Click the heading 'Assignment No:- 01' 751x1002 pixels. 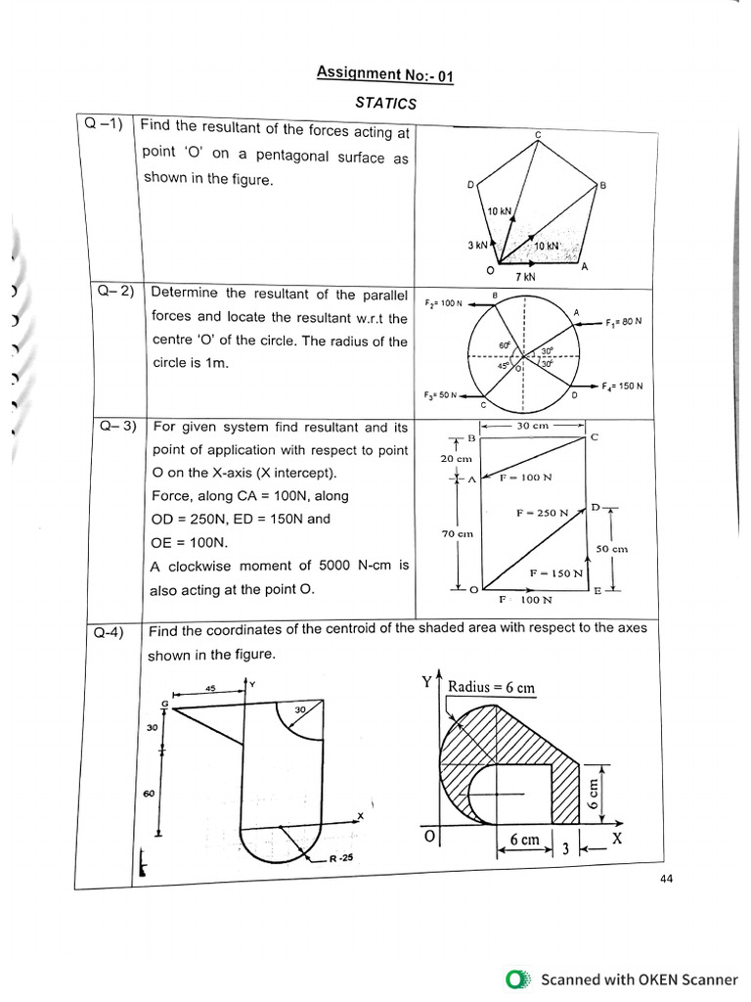point(385,73)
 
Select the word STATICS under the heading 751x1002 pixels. point(386,103)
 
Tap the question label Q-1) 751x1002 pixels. point(104,124)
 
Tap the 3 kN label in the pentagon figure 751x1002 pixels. point(476,245)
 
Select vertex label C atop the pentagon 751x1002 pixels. point(538,133)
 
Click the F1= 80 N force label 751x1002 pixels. point(623,322)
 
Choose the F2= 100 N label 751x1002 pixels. point(443,303)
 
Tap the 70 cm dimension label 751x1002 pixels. point(457,533)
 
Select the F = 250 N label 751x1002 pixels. point(543,513)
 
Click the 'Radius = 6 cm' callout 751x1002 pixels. point(491,687)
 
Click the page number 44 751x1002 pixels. point(666,879)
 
